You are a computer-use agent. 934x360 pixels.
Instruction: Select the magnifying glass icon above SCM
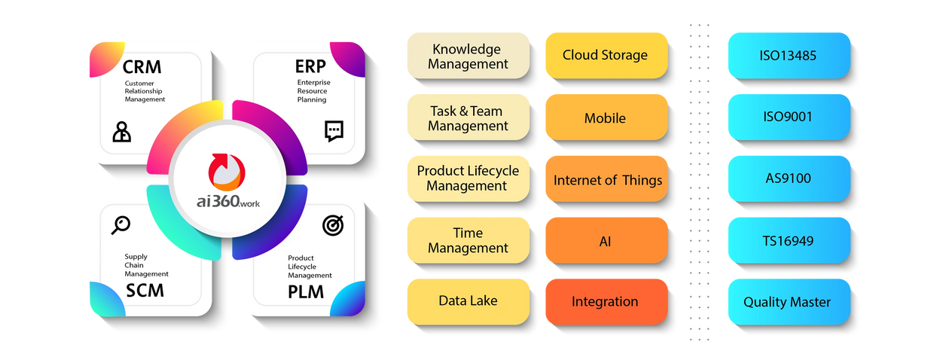coord(121,224)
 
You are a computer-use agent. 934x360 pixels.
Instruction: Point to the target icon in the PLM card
coord(331,224)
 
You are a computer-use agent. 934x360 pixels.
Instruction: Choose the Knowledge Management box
coord(468,56)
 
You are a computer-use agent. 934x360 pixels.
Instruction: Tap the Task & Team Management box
coord(468,118)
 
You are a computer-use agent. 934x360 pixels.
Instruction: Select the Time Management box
coord(468,240)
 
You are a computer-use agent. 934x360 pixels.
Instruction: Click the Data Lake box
coord(468,301)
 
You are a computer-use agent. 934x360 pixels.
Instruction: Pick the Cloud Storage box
coord(605,55)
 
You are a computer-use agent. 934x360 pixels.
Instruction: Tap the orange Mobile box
coord(605,117)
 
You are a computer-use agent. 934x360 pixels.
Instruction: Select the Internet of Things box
coord(607,180)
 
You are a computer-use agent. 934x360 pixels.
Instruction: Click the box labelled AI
coord(605,241)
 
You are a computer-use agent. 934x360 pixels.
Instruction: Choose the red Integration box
coord(605,301)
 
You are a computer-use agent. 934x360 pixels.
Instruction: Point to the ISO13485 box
coord(788,55)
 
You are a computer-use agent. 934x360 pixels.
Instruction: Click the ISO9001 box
coord(788,117)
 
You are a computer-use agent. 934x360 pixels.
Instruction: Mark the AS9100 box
coord(788,179)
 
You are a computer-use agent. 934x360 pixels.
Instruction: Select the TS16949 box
coord(788,241)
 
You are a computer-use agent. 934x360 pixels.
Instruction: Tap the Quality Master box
coord(788,302)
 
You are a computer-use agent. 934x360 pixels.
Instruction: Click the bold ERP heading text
coord(310,67)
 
